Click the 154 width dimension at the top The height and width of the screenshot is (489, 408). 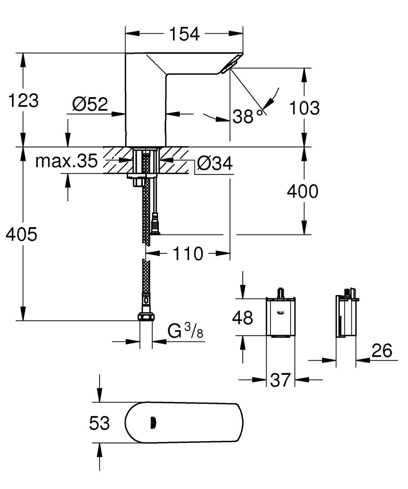click(184, 34)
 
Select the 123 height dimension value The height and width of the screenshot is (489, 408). click(23, 101)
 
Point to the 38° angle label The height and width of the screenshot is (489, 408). click(248, 117)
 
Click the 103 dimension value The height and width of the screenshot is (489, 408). click(304, 108)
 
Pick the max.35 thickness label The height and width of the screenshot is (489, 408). click(67, 161)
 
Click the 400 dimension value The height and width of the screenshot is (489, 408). click(303, 191)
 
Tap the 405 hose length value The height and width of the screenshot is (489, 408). click(22, 234)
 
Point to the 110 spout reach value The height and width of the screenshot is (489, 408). click(188, 253)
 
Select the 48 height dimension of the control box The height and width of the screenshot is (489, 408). click(242, 318)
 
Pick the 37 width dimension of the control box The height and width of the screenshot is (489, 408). click(280, 380)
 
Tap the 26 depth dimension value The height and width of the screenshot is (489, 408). click(382, 351)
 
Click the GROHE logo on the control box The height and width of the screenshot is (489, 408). click(280, 313)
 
